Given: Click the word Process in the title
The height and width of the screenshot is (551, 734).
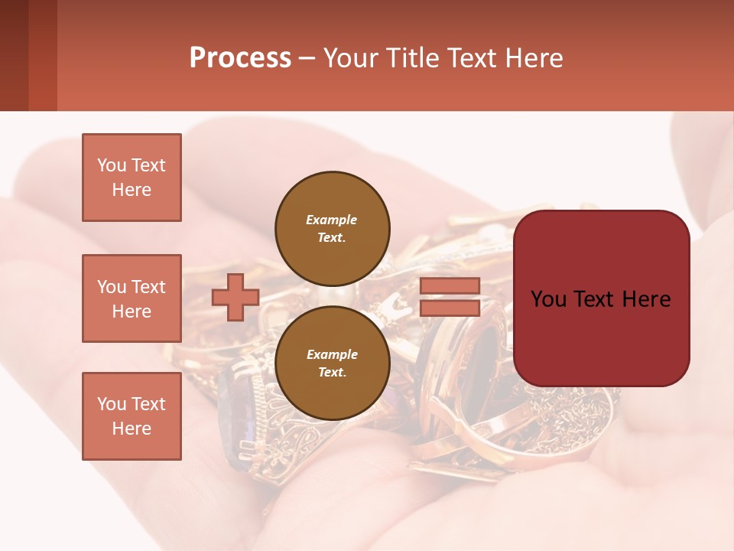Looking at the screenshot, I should coord(240,58).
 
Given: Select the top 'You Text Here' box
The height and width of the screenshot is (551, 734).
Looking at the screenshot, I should coord(132,178).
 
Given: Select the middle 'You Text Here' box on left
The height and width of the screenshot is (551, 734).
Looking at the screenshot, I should coord(132,298).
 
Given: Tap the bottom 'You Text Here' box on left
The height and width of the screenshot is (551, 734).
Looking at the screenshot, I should coord(132,416).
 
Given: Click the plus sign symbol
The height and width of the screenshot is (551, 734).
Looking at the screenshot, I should coord(235,297).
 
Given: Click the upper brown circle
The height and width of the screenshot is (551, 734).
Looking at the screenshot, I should coord(332,228).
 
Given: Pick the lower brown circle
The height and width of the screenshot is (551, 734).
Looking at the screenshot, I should coord(332,364).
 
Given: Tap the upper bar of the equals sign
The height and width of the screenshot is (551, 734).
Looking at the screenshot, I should coord(450,285).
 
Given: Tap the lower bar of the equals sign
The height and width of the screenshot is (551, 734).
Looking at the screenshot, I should coord(450,308).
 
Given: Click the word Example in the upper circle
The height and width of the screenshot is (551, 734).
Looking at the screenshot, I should coord(332,220).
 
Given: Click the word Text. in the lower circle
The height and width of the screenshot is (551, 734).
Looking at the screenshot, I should coord(332,373).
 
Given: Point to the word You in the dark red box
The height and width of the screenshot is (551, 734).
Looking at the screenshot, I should coord(547,299).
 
